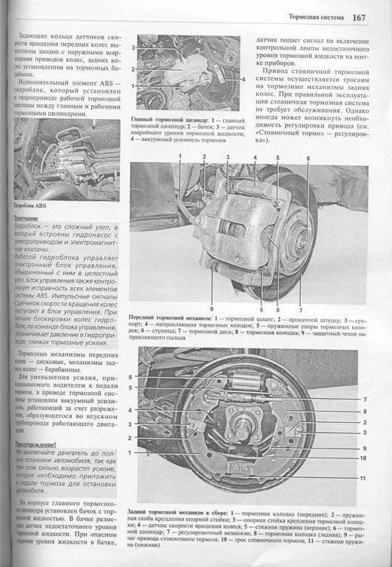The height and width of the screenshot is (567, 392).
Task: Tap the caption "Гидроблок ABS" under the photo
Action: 31,205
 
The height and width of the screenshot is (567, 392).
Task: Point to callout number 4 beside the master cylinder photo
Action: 245,79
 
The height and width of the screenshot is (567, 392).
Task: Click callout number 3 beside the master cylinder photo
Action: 133,48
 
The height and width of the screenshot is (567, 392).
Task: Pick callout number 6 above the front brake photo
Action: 308,157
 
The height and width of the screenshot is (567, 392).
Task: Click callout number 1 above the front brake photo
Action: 180,157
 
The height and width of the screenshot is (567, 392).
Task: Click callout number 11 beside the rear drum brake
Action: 364,478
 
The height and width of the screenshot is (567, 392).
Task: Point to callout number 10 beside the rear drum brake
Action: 364,458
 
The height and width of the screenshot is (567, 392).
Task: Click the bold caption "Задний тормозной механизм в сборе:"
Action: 186,511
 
